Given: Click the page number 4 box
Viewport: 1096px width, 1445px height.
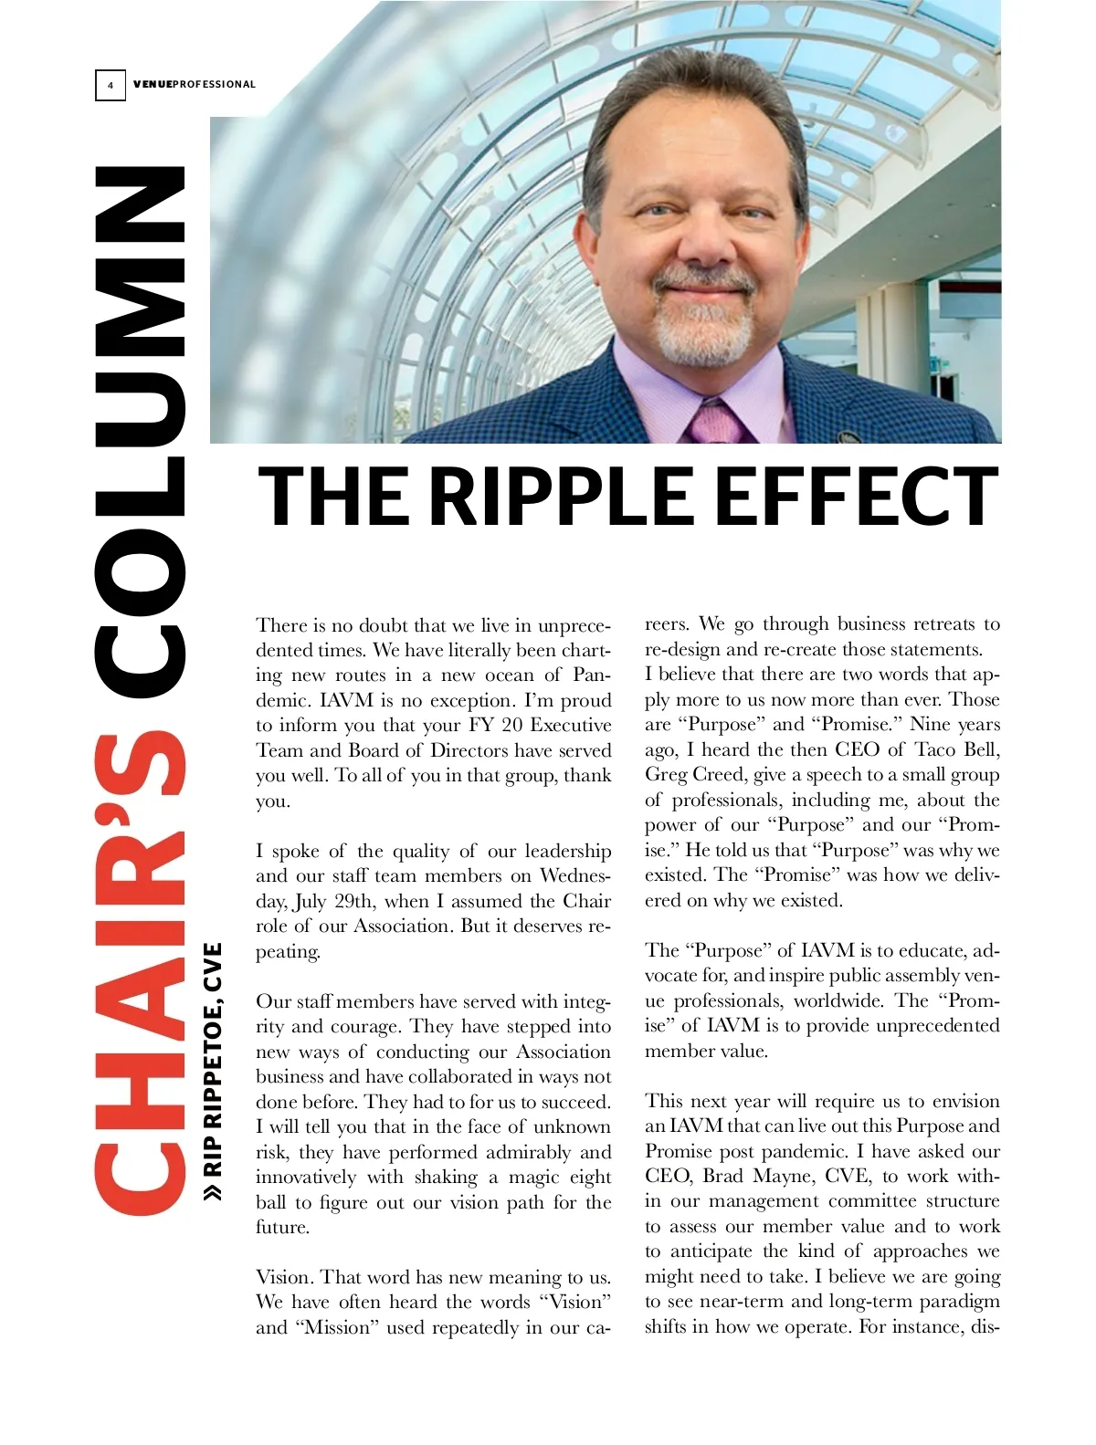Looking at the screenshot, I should click(111, 85).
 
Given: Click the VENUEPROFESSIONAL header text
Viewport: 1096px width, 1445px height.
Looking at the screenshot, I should click(195, 85).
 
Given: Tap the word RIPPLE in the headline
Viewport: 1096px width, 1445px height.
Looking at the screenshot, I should click(560, 497).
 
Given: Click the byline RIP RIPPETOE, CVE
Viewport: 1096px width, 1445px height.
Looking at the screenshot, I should click(213, 1059).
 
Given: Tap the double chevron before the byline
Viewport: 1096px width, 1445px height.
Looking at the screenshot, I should click(213, 1192).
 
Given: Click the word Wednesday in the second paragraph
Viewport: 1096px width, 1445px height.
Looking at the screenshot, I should click(574, 876).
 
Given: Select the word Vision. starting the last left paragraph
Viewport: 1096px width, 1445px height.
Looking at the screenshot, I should click(285, 1277).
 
